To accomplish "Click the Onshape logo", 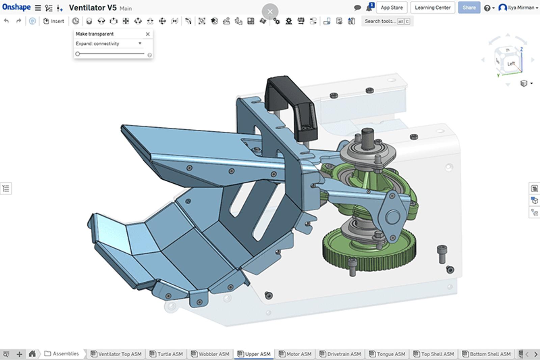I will pos(16,7).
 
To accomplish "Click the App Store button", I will pos(391,7).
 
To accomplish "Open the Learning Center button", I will pos(432,7).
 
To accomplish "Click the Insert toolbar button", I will pos(54,21).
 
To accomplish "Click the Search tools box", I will pos(380,21).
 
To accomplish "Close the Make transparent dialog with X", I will pos(147,34).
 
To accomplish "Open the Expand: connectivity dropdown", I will pos(108,44).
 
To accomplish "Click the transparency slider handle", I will pos(78,54).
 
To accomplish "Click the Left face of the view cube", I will pos(511,63).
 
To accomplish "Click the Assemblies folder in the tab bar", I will pos(62,354).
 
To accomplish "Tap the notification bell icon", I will pos(369,8).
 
